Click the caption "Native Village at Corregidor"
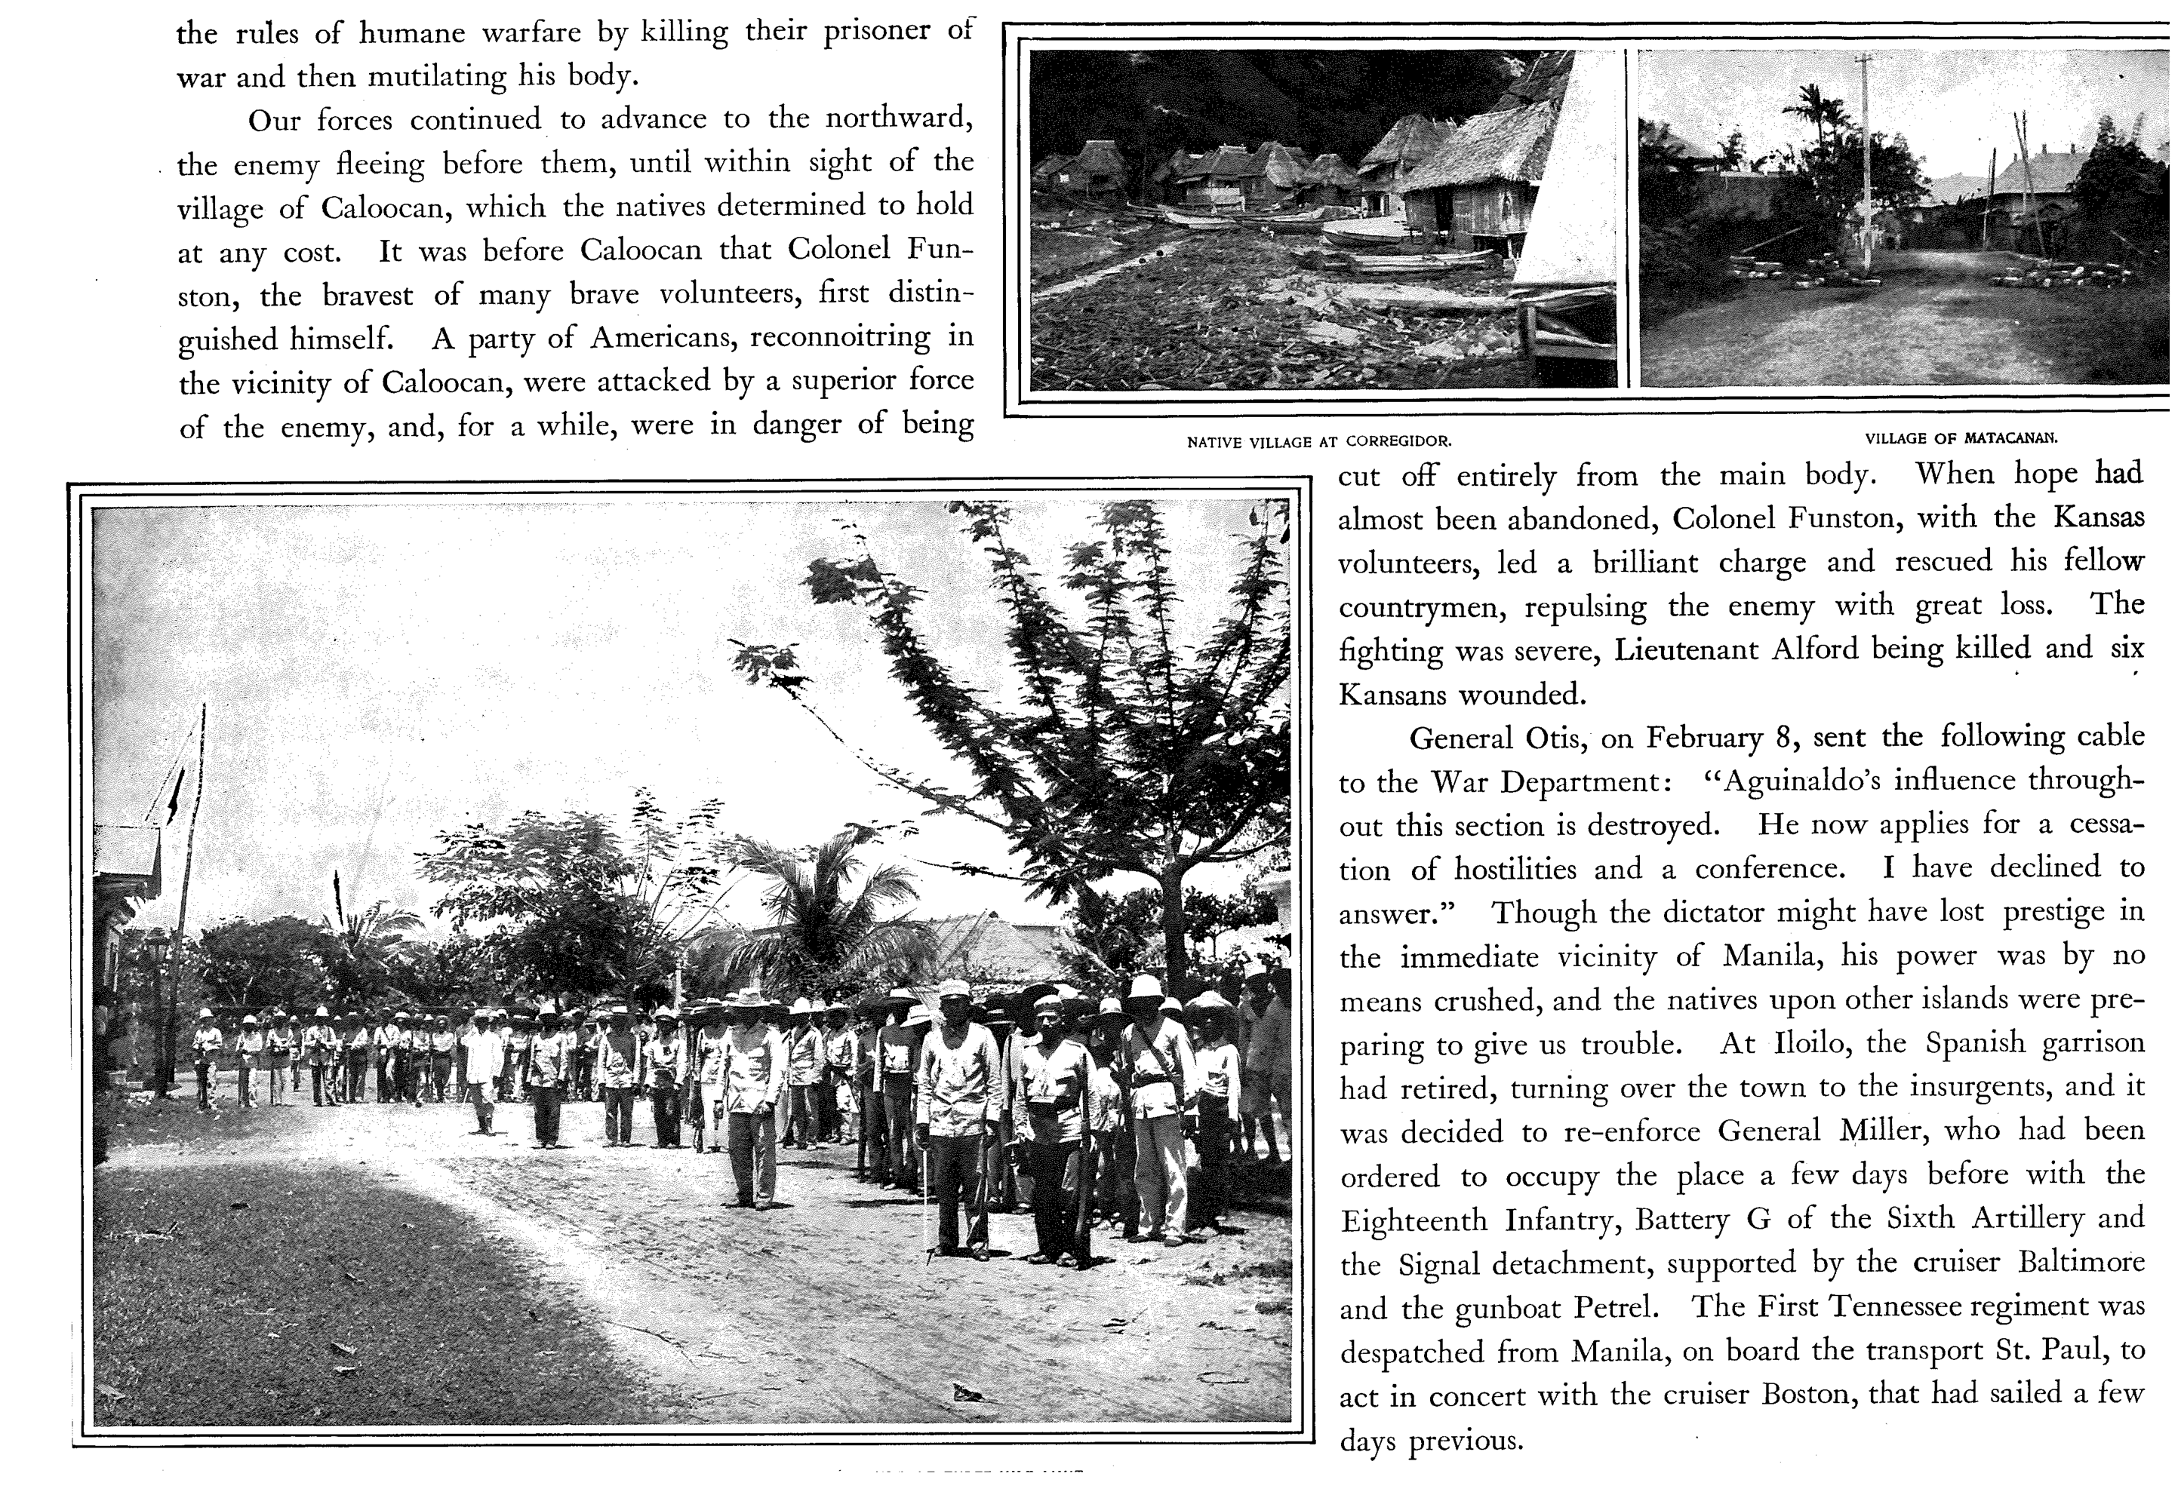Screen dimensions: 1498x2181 tap(1318, 441)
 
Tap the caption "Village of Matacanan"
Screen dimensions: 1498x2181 tap(1961, 437)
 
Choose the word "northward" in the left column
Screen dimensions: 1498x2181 tap(897, 118)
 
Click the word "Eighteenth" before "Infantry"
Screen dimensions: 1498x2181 tap(1414, 1220)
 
